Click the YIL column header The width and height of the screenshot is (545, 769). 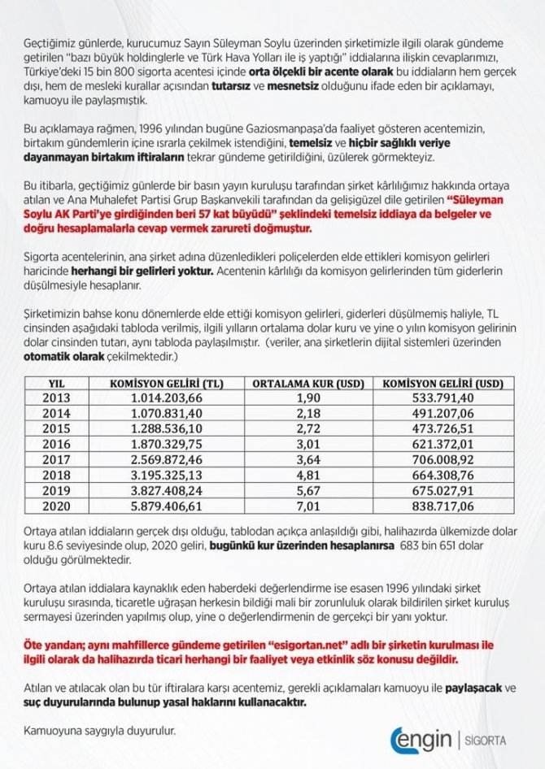click(57, 382)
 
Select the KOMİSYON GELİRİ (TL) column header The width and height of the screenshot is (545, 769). click(166, 382)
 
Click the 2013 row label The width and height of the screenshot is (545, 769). click(57, 398)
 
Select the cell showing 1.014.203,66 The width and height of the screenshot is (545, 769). click(166, 398)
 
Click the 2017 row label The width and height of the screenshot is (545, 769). click(57, 459)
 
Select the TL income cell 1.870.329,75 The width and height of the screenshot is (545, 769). click(166, 444)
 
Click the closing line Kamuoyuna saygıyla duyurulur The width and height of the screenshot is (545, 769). click(100, 728)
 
